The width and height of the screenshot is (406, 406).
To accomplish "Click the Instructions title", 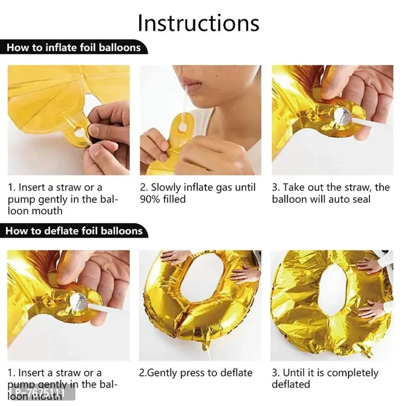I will (x=199, y=23).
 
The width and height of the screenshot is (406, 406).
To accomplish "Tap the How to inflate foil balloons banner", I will (x=73, y=47).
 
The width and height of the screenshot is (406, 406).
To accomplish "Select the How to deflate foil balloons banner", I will (x=74, y=231).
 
